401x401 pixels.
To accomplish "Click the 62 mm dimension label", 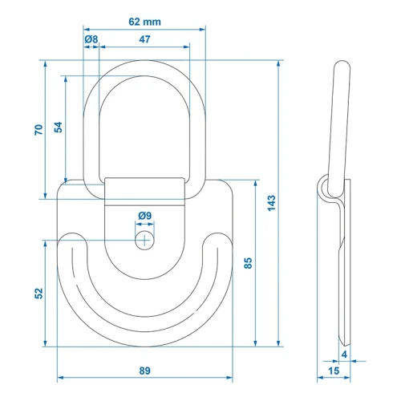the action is [144, 22].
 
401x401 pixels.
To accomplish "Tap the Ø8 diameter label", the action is [91, 39].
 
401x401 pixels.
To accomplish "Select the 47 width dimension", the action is [144, 39].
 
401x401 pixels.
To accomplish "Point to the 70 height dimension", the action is [38, 130].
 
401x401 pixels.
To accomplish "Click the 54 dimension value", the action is [59, 128].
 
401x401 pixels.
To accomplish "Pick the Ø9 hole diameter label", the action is [145, 216].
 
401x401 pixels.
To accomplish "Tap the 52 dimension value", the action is [38, 294].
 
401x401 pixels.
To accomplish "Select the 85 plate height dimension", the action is [248, 263].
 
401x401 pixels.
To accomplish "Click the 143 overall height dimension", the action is [271, 203].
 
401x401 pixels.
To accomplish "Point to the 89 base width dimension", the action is [144, 371].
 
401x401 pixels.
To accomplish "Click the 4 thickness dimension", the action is [344, 354].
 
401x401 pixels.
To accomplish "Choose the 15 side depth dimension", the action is [334, 371].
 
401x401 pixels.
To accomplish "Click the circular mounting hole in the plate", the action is [144, 240].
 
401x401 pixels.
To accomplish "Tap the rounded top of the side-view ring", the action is [342, 64].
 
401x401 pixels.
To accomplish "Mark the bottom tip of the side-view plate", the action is [344, 345].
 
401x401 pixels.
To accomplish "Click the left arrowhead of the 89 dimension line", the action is [60, 378].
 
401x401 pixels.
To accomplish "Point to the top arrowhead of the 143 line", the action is [278, 63].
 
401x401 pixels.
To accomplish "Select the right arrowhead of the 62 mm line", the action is [202, 29].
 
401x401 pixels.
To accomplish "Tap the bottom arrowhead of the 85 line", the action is [256, 343].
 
